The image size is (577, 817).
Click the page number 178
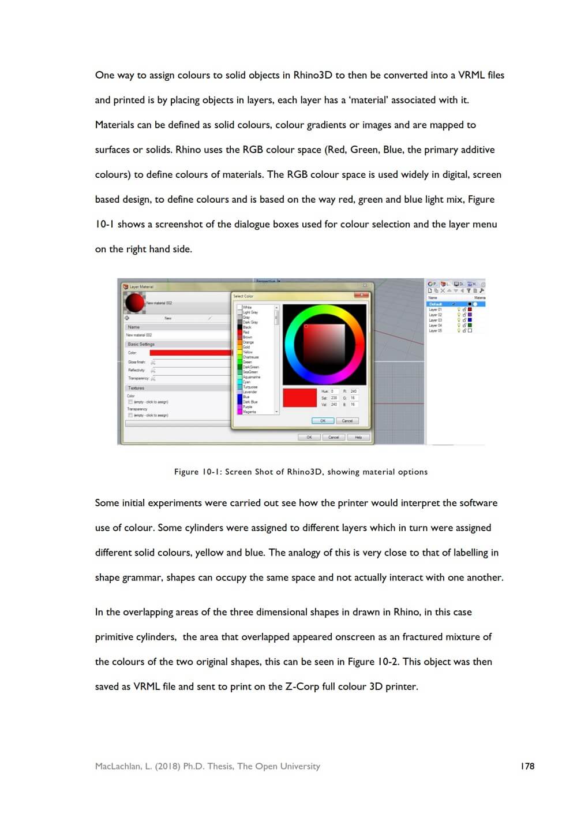point(527,766)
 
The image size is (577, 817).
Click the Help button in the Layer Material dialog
point(358,437)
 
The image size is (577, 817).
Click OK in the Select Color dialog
point(323,421)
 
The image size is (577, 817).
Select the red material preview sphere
point(134,302)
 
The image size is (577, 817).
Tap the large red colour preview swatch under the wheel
point(299,398)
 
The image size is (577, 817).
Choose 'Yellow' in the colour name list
point(248,352)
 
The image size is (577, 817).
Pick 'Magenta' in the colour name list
point(249,412)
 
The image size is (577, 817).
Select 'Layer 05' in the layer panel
point(436,331)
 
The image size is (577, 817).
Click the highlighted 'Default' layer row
point(436,304)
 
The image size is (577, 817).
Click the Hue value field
point(335,391)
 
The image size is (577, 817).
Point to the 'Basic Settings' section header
point(141,344)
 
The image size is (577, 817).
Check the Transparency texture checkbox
point(130,415)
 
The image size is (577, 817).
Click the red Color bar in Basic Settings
point(190,352)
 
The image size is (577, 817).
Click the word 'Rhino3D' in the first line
point(312,75)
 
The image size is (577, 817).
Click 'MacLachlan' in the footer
point(118,766)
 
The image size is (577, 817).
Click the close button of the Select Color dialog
point(362,295)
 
